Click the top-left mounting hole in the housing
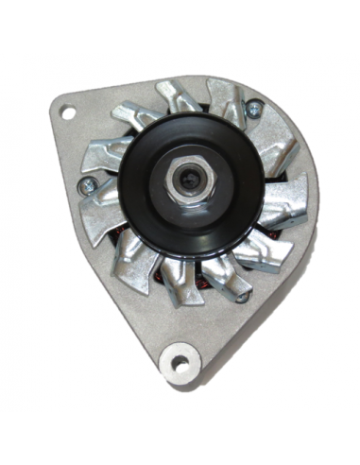[x=68, y=112]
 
